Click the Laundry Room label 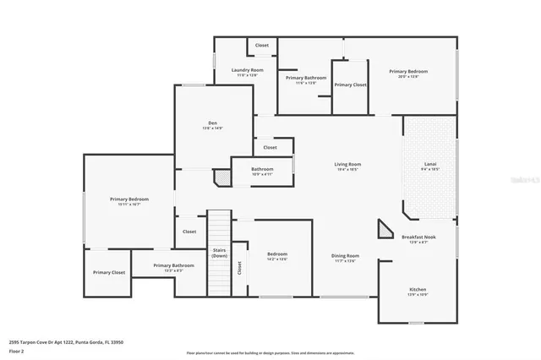click(x=247, y=69)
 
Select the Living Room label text click(x=347, y=164)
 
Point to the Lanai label click(x=429, y=164)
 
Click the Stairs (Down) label click(x=219, y=253)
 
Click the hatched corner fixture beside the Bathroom click(x=221, y=177)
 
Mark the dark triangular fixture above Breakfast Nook click(x=385, y=229)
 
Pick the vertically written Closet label click(x=239, y=268)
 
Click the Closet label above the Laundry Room click(x=262, y=45)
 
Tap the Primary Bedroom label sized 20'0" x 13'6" click(x=408, y=72)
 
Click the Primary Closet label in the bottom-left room click(x=108, y=272)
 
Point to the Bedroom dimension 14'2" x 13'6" click(x=277, y=259)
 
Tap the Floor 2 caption click(x=17, y=350)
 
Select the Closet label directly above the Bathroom click(x=270, y=147)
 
